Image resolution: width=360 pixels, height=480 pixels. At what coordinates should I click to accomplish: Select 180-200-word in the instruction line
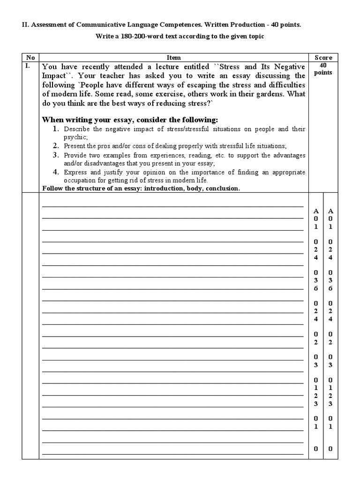(x=140, y=37)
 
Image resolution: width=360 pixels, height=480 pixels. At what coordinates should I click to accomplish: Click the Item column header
(x=173, y=58)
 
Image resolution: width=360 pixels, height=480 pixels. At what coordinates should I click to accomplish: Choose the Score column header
(x=323, y=58)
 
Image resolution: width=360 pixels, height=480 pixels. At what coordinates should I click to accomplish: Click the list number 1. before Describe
(x=55, y=128)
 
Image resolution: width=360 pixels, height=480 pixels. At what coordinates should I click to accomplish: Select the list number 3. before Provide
(x=55, y=155)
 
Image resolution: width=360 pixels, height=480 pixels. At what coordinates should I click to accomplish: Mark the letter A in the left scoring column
(x=316, y=211)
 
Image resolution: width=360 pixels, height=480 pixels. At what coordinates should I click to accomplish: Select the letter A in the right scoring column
(x=330, y=211)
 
